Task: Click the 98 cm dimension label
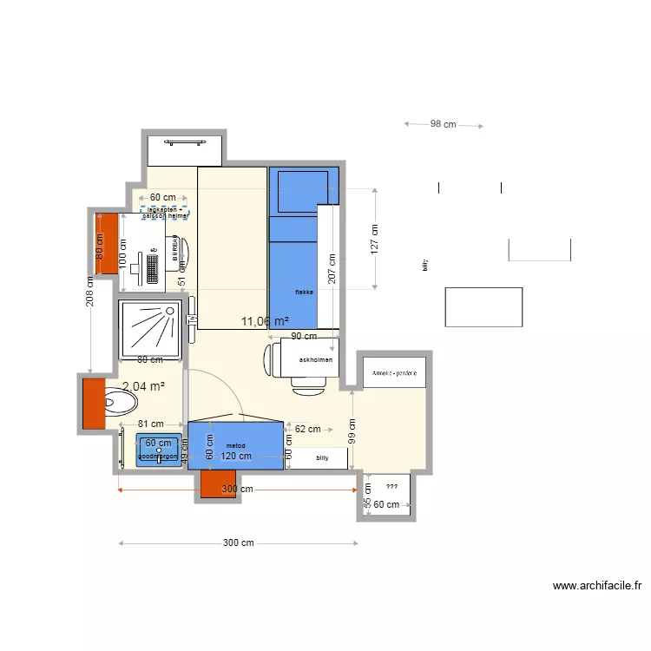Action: point(443,124)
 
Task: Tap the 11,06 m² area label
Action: point(265,322)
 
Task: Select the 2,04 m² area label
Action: point(143,387)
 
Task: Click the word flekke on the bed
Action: point(303,293)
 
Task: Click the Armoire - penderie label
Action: point(394,372)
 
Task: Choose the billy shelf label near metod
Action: point(323,457)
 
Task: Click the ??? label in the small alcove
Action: point(391,488)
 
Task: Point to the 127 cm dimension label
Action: point(375,241)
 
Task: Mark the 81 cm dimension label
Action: point(150,424)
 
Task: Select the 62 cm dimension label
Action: point(307,429)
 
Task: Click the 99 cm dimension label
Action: point(352,431)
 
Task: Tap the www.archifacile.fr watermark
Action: point(596,586)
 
